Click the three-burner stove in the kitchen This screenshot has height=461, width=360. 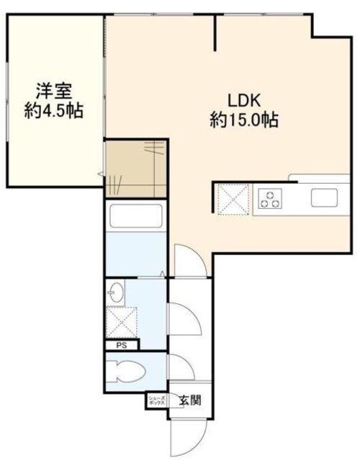click(271, 198)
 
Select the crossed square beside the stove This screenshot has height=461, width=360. click(231, 198)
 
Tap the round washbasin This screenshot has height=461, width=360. click(116, 293)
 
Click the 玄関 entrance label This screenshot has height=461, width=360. click(190, 400)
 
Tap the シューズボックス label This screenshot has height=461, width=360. click(156, 400)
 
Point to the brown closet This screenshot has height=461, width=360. click(136, 169)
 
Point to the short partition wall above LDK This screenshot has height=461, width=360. click(215, 32)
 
